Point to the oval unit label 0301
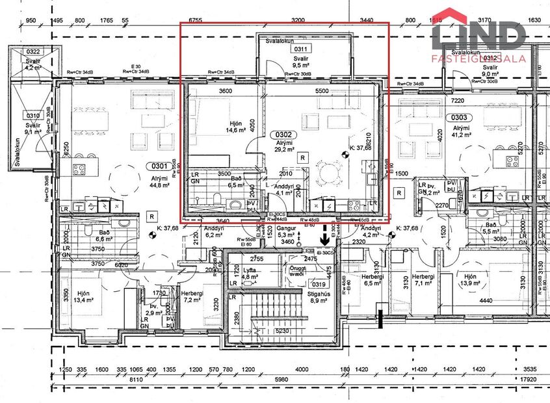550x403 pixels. point(157,166)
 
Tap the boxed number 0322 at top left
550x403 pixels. point(33,51)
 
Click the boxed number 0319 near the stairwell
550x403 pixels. point(319,284)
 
